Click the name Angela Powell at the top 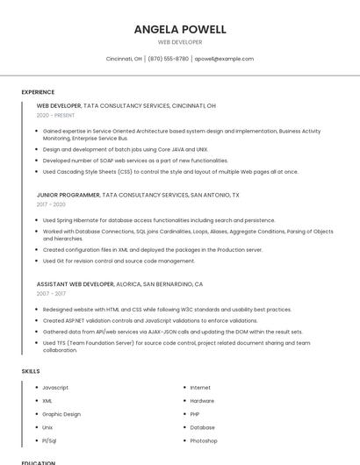click(x=180, y=29)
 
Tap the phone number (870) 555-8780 click(x=168, y=59)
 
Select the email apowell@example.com click(x=224, y=59)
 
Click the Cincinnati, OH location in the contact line click(x=124, y=59)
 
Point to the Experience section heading click(x=38, y=92)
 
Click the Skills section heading click(x=31, y=371)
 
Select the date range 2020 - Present click(x=55, y=115)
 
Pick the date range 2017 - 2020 click(x=52, y=204)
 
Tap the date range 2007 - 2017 click(x=52, y=294)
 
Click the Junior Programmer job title click(x=68, y=195)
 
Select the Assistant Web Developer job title click(x=76, y=284)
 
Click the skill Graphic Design click(x=61, y=414)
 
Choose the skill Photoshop click(x=204, y=440)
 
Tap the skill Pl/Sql click(x=49, y=440)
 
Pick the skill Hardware click(x=202, y=401)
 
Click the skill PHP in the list click(x=195, y=414)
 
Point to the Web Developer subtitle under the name click(x=180, y=42)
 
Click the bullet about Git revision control click(x=119, y=261)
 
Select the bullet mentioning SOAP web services click(x=135, y=161)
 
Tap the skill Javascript click(x=55, y=388)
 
